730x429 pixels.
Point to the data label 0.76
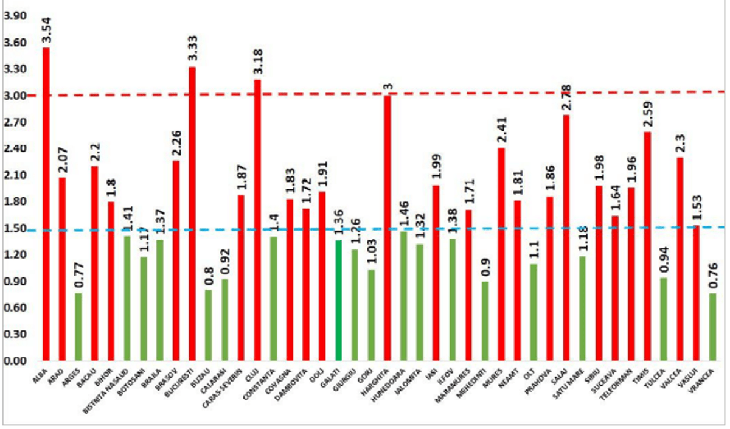pos(713,277)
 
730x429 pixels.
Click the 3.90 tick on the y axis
pos(15,16)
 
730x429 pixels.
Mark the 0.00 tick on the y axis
pos(15,361)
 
